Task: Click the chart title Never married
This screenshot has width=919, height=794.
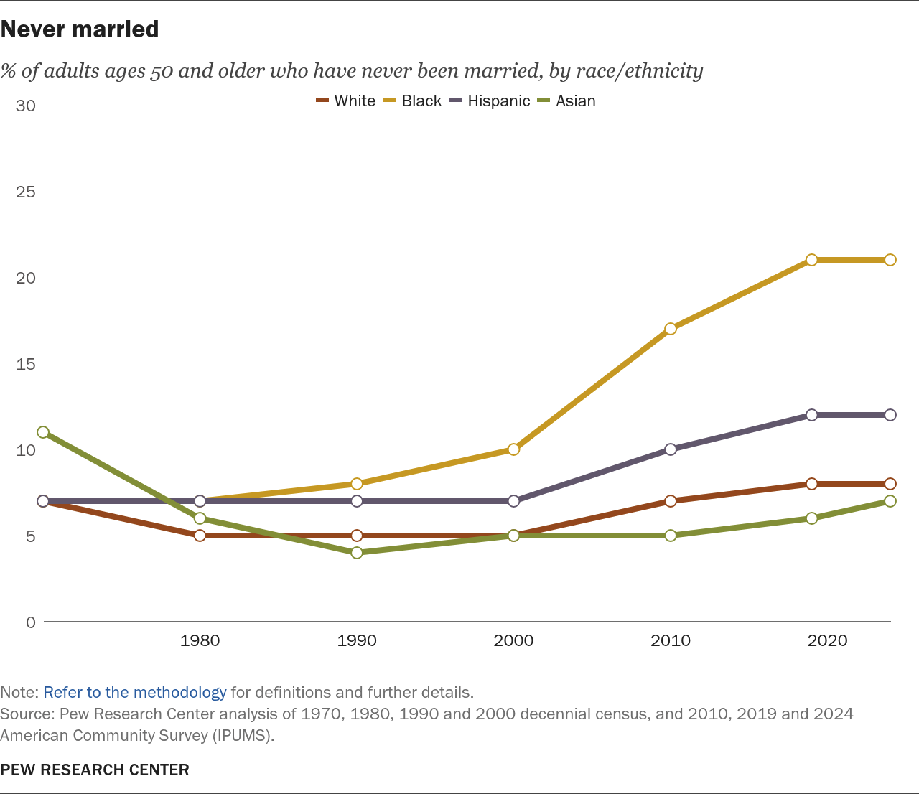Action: click(x=80, y=29)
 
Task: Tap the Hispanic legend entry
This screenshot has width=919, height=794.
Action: click(x=490, y=101)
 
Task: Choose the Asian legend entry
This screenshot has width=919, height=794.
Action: click(x=566, y=101)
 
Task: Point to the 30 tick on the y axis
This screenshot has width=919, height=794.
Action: click(x=26, y=106)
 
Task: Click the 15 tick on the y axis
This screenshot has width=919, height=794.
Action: click(x=26, y=364)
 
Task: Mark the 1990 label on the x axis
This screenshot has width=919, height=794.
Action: click(x=357, y=640)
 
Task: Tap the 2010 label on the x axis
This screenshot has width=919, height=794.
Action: click(x=671, y=640)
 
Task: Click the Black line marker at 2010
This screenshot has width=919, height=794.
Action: click(x=671, y=329)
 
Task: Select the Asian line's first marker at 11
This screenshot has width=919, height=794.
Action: click(x=43, y=432)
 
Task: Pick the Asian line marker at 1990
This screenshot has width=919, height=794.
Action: click(x=357, y=553)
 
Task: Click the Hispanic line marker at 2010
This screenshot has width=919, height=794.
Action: click(x=671, y=449)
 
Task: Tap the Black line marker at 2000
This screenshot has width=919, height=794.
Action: click(x=513, y=449)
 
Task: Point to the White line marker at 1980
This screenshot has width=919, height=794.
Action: click(x=200, y=536)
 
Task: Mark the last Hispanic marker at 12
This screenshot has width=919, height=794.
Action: click(x=890, y=415)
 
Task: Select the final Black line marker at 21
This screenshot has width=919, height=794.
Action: click(x=890, y=260)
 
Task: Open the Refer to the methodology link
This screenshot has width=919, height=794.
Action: click(x=135, y=693)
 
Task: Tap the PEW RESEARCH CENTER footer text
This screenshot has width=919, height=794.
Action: click(x=95, y=770)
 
